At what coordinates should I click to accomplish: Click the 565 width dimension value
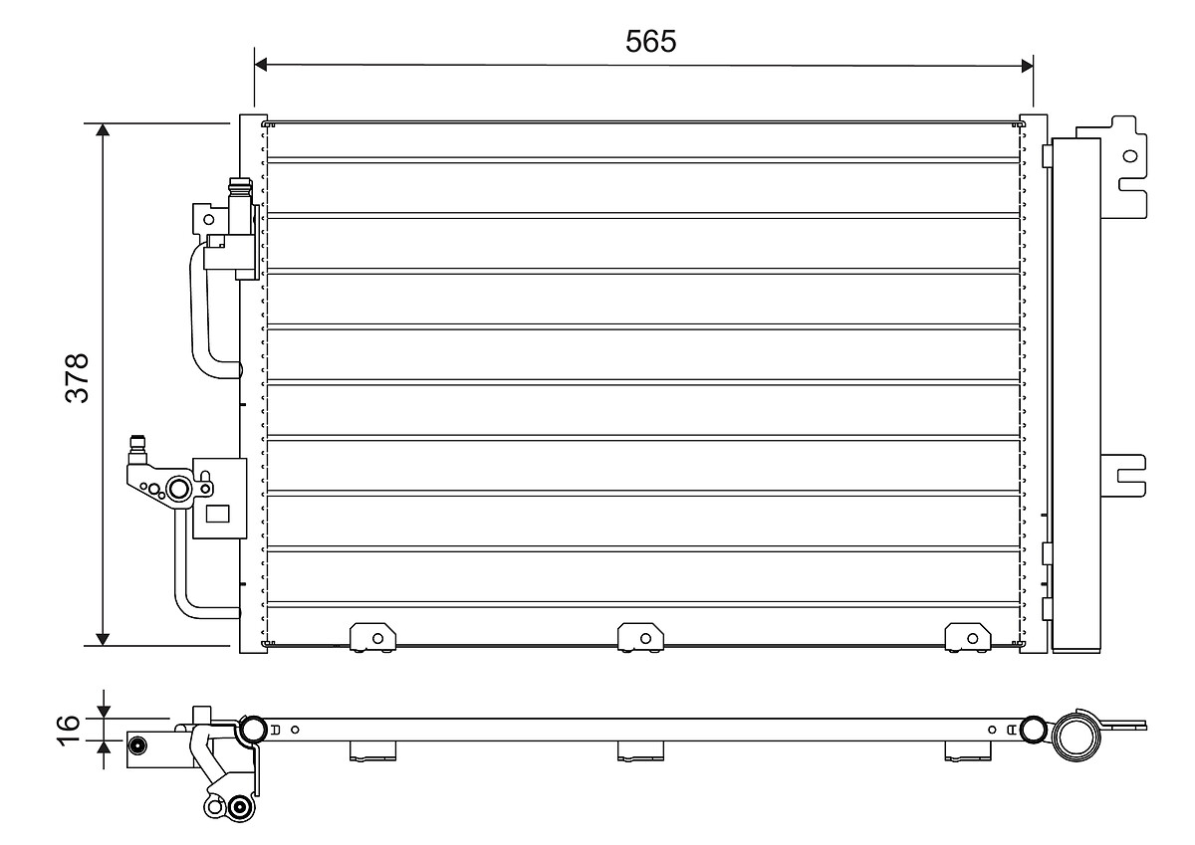(x=650, y=41)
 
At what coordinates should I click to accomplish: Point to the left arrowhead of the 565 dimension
(x=262, y=65)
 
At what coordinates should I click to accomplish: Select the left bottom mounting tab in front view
(x=371, y=636)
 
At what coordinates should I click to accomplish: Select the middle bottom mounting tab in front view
(x=641, y=636)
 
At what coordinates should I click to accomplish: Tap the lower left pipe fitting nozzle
(x=137, y=445)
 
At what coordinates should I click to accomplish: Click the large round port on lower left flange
(x=179, y=489)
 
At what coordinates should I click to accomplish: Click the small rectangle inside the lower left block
(x=216, y=515)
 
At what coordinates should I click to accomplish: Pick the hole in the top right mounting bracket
(x=1128, y=155)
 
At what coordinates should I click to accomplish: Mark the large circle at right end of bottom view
(x=1075, y=737)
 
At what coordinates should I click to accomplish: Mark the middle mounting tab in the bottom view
(x=641, y=751)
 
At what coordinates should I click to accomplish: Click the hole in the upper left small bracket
(x=208, y=218)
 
